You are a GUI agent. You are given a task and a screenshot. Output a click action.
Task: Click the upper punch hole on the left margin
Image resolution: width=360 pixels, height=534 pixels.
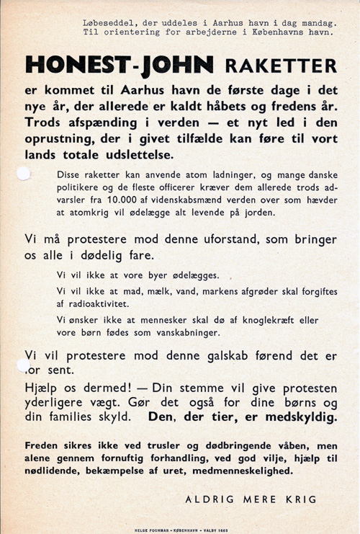click(24, 174)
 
